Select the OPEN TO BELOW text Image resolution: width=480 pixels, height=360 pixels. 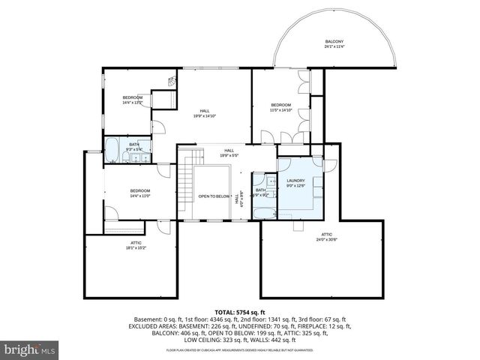(214, 196)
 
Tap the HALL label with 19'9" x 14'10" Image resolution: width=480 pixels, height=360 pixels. (204, 113)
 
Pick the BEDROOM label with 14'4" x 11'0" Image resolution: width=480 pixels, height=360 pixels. (140, 192)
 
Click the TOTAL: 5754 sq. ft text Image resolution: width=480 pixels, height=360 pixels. (240, 311)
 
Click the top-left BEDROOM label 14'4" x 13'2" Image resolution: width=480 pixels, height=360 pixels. (132, 100)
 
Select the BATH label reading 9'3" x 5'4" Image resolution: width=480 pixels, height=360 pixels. (134, 146)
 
